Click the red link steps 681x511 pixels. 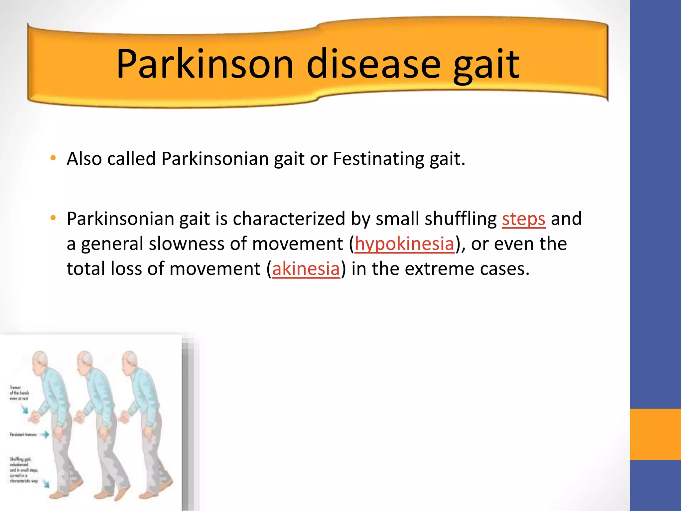click(x=523, y=219)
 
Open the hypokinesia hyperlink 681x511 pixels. click(x=404, y=244)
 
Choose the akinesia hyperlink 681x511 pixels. click(x=306, y=269)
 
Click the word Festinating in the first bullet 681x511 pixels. click(x=378, y=159)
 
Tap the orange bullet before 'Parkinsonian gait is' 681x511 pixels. click(x=53, y=218)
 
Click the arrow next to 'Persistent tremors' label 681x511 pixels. click(x=45, y=434)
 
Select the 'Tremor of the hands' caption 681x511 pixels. click(x=19, y=393)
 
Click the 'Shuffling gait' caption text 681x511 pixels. click(x=23, y=470)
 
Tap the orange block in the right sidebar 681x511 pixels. click(x=655, y=434)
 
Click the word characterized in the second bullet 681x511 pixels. click(x=289, y=219)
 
